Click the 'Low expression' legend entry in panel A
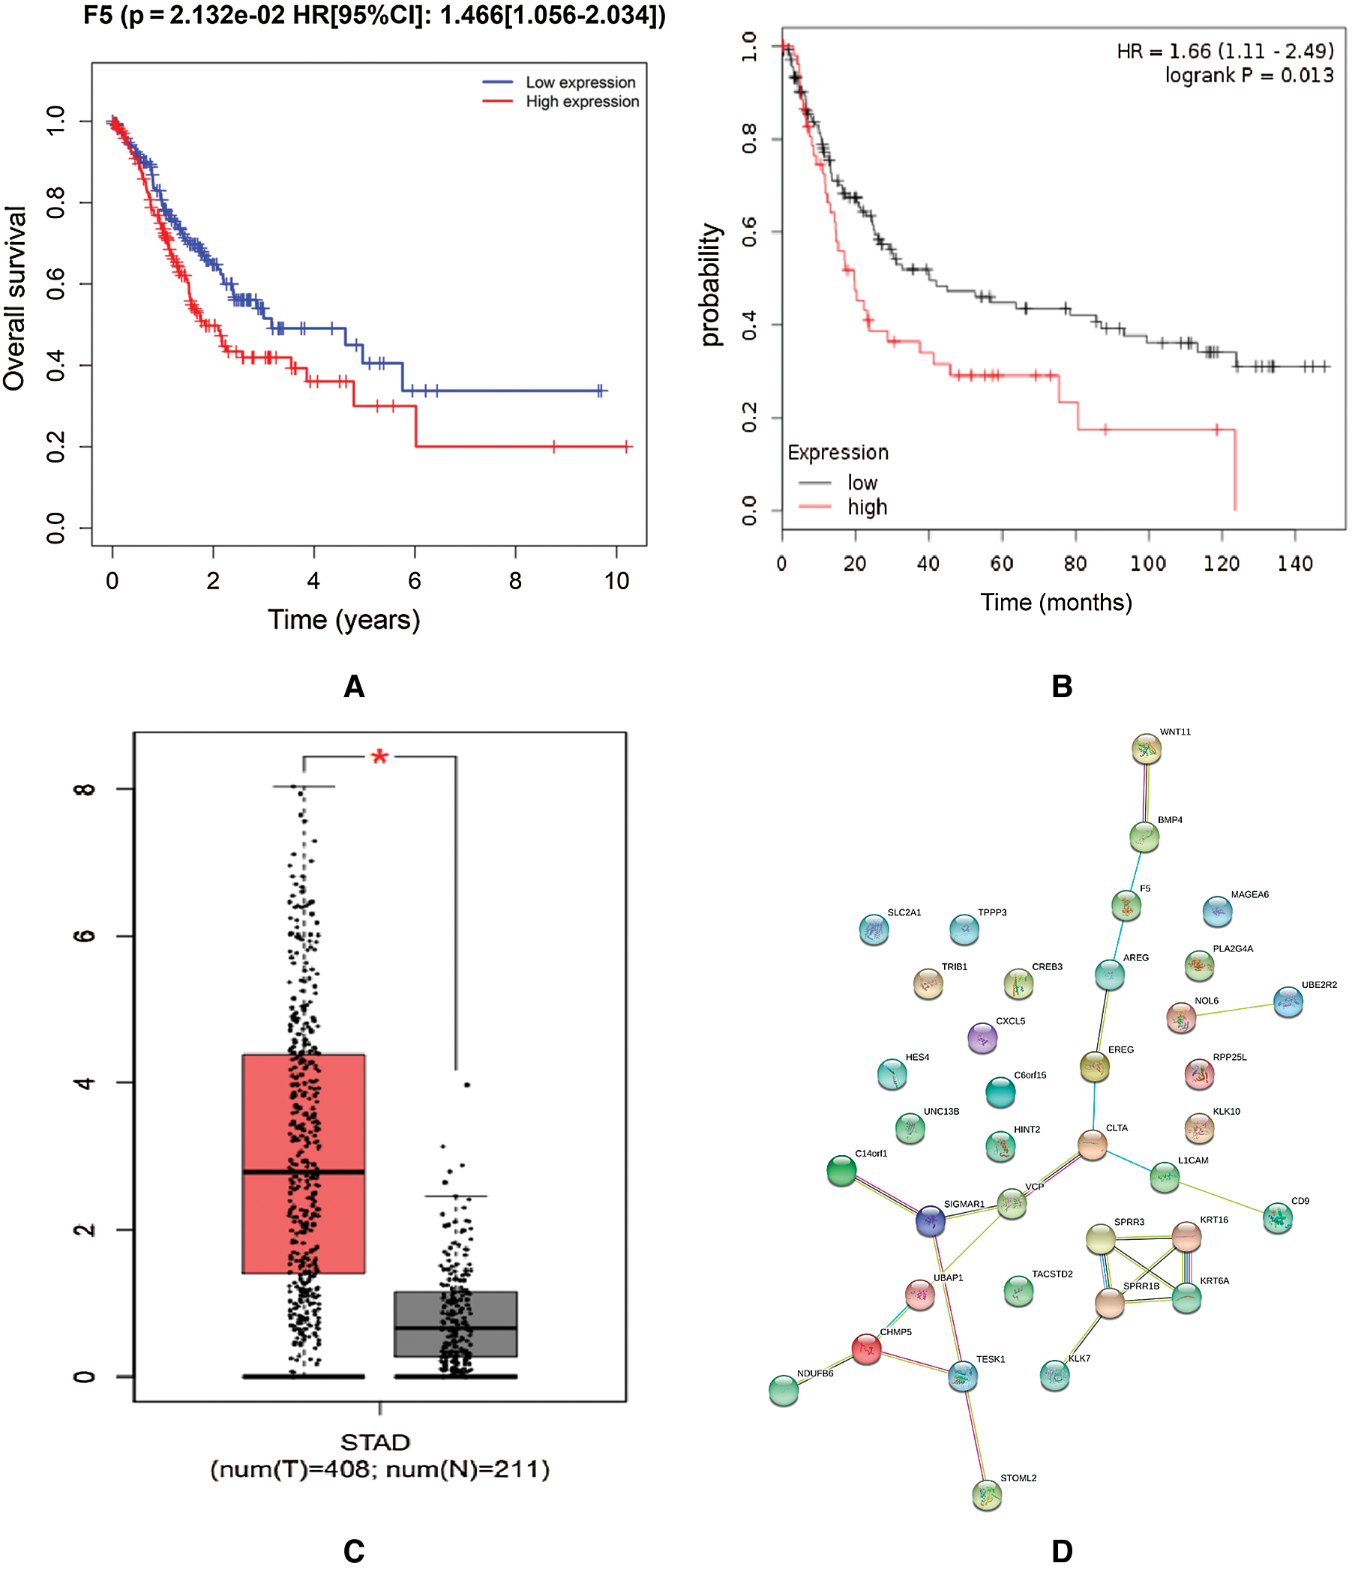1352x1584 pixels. click(x=580, y=82)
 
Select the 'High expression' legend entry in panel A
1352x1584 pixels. click(x=581, y=102)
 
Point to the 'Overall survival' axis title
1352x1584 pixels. click(x=15, y=298)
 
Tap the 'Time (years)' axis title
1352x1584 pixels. click(x=343, y=619)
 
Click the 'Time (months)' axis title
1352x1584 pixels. click(x=1055, y=603)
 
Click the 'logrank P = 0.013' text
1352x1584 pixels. click(x=1248, y=75)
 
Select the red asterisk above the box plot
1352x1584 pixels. click(x=379, y=758)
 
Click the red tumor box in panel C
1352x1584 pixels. click(x=303, y=1162)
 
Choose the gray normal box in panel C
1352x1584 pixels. click(x=455, y=1324)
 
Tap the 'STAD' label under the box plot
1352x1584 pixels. click(x=375, y=1442)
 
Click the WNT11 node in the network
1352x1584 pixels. click(x=1146, y=749)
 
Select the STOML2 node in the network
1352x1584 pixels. click(x=986, y=1495)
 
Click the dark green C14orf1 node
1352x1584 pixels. click(x=841, y=1170)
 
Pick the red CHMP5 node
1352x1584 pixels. click(x=865, y=1349)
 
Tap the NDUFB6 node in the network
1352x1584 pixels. click(x=783, y=1391)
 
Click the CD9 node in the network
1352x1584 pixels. click(x=1276, y=1218)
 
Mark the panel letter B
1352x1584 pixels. click(x=1061, y=687)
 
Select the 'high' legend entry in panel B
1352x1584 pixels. click(x=865, y=507)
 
